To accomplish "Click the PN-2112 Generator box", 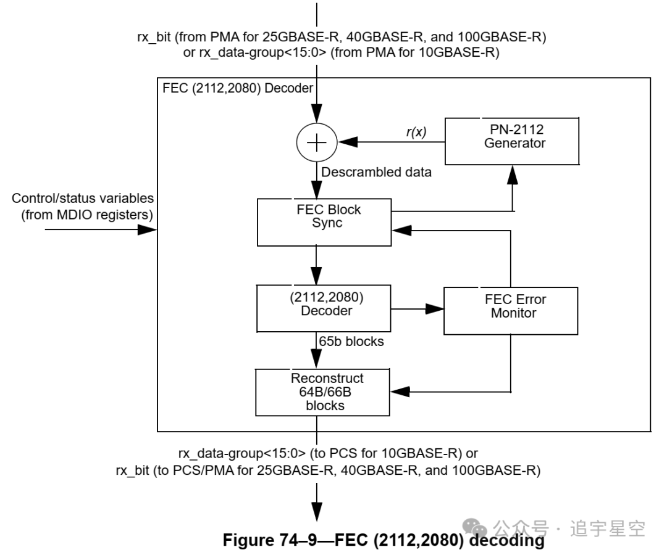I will tap(512, 141).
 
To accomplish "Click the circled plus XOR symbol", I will tap(317, 142).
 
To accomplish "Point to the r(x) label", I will tap(416, 131).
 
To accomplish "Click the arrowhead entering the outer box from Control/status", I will tap(148, 229).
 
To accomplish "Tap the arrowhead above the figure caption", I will tap(317, 511).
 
